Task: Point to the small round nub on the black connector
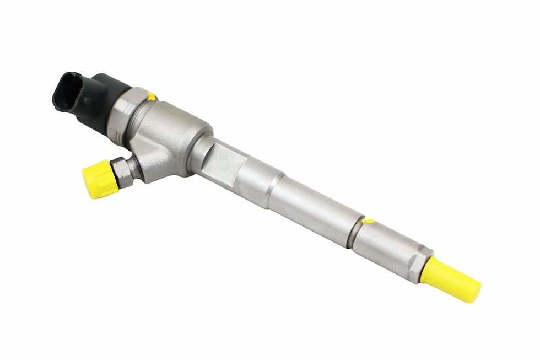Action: point(87,101)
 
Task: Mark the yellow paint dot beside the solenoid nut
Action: point(151,97)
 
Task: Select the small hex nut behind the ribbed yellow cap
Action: point(121,171)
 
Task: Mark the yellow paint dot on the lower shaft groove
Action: point(369,221)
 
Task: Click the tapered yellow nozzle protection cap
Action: point(449,279)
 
